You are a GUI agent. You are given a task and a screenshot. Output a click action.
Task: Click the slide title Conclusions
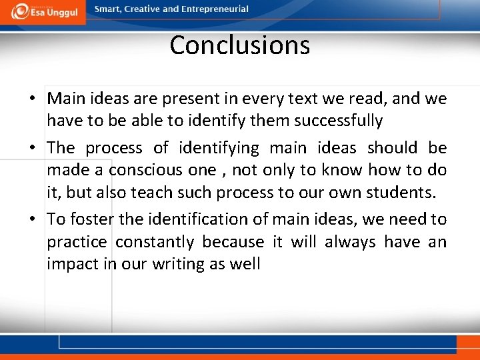click(x=239, y=45)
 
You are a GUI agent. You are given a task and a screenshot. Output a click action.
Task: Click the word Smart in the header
click(x=108, y=9)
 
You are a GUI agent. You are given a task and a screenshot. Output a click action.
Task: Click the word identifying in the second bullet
click(x=218, y=147)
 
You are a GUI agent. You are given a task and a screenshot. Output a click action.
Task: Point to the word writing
click(x=179, y=265)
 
